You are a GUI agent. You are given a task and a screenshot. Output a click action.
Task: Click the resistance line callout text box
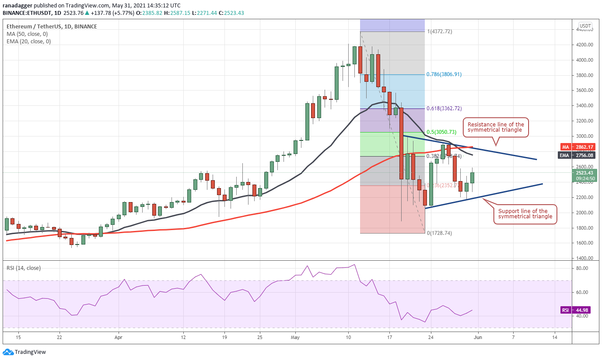[496, 127]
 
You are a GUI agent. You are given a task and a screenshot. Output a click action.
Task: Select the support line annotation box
[525, 214]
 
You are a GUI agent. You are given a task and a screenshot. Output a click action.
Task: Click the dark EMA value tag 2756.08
[583, 155]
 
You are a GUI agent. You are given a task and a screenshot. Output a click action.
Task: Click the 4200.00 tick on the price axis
[584, 45]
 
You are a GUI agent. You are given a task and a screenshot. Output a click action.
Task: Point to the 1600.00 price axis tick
[584, 243]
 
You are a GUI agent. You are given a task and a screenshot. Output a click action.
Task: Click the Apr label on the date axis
[118, 337]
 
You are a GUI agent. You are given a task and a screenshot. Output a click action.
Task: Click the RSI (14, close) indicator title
[24, 268]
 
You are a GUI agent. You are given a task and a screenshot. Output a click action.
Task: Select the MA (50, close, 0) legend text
[27, 34]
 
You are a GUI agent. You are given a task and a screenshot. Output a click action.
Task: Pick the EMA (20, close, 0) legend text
[28, 42]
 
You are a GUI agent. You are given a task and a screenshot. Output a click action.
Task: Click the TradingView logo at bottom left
[24, 352]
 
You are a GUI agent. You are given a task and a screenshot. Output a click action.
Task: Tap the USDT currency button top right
[585, 26]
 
